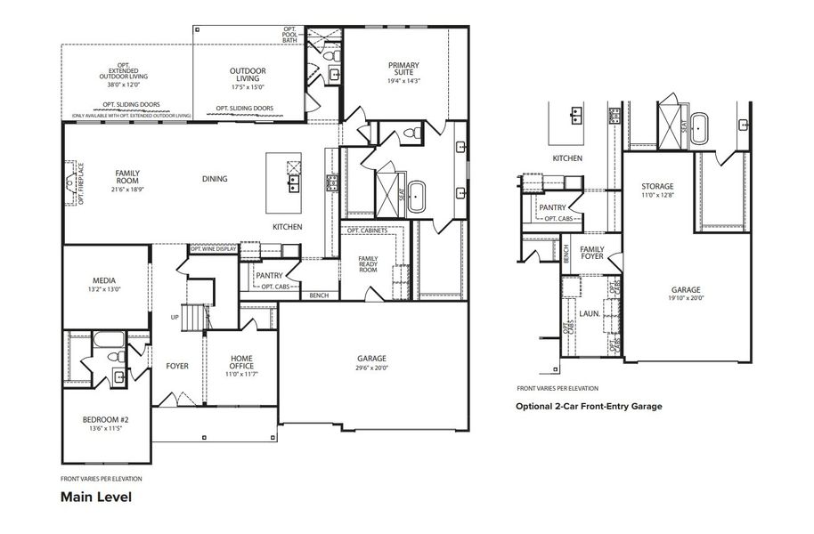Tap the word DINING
click(x=215, y=179)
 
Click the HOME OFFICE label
click(x=241, y=361)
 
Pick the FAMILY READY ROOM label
click(x=368, y=263)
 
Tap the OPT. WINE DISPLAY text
click(x=213, y=249)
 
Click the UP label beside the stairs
click(x=175, y=317)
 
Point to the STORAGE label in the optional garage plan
click(x=657, y=186)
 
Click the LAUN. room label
click(x=589, y=313)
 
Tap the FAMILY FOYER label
click(x=592, y=253)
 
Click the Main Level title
click(x=96, y=497)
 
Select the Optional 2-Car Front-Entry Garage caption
click(x=589, y=406)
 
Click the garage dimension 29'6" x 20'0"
click(x=371, y=368)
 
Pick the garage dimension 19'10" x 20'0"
click(x=686, y=298)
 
